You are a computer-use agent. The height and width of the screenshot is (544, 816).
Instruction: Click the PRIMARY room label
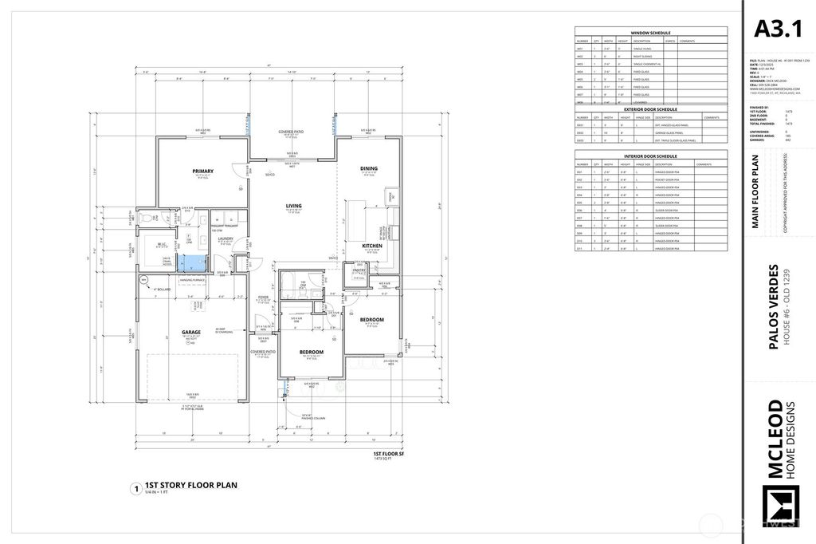(202, 171)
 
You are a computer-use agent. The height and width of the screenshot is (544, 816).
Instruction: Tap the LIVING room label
(294, 206)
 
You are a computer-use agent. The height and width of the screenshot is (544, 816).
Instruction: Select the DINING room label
(369, 168)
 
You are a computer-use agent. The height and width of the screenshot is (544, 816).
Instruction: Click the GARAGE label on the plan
(190, 332)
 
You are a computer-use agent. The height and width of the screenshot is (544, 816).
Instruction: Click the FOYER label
(262, 297)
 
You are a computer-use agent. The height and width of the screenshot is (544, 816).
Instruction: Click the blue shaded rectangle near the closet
(190, 262)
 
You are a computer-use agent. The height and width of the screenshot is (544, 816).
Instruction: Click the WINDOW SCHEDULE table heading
(651, 33)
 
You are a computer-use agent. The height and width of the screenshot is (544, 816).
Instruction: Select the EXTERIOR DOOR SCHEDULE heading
(651, 108)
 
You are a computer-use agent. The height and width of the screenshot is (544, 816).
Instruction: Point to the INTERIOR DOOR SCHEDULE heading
(651, 156)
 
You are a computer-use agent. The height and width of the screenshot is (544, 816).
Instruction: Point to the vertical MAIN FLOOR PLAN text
(755, 191)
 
